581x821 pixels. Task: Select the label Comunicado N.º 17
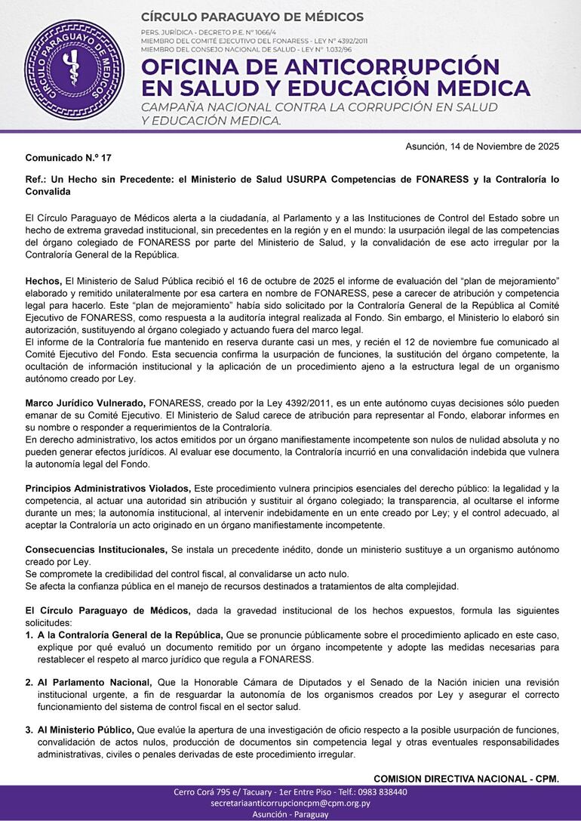point(68,159)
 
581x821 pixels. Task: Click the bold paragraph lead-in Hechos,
point(44,280)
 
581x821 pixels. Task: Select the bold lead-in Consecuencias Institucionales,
point(97,549)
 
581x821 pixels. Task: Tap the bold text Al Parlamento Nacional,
point(94,683)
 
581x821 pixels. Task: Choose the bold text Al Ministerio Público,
point(86,730)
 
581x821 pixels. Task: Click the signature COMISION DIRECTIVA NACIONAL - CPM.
point(466,779)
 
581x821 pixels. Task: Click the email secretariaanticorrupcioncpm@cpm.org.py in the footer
point(290,804)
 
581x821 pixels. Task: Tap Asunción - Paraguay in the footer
point(290,815)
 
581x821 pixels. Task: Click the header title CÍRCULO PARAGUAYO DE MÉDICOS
point(252,17)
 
